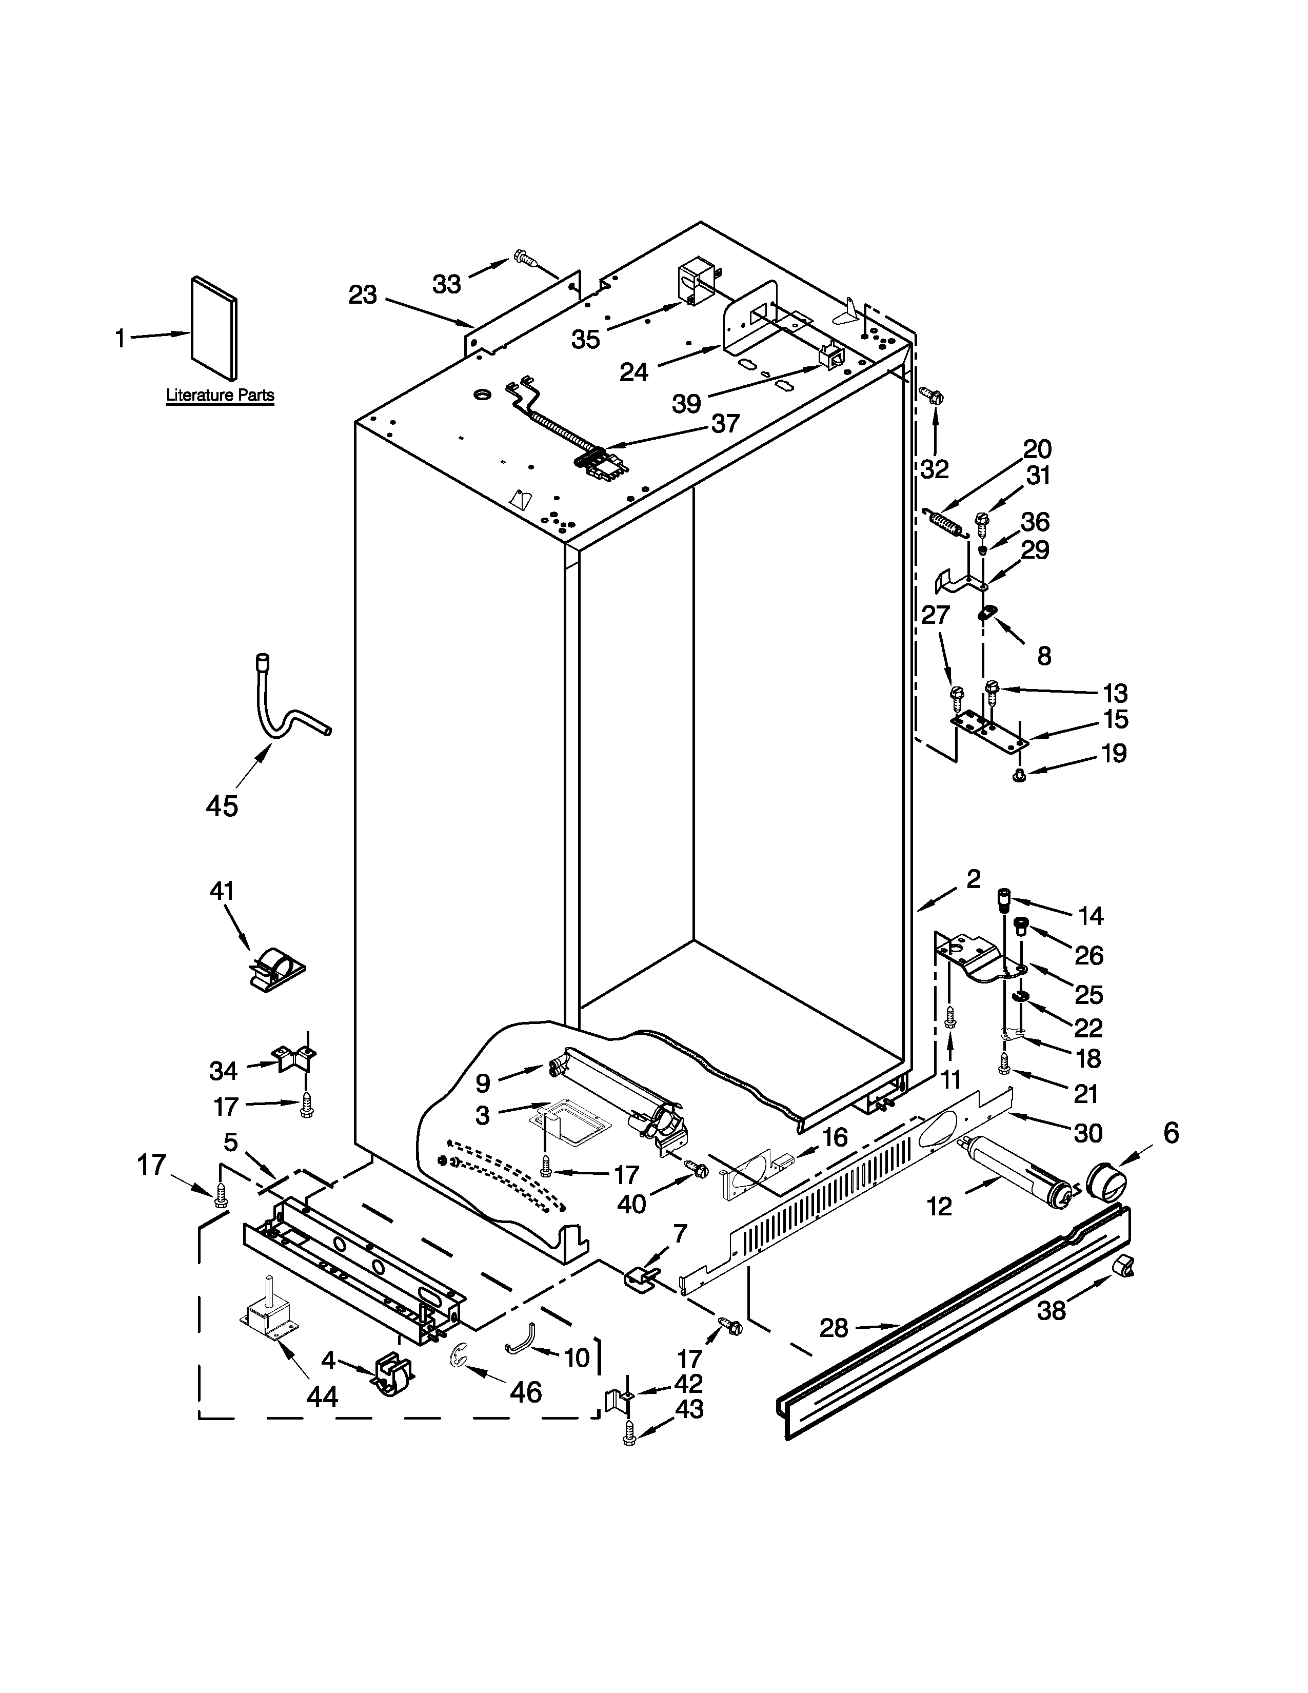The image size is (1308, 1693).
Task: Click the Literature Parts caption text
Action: pos(220,396)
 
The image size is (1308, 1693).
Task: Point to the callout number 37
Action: pos(725,424)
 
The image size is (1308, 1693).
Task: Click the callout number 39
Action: pos(686,403)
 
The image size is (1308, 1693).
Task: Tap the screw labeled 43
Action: pos(628,1439)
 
